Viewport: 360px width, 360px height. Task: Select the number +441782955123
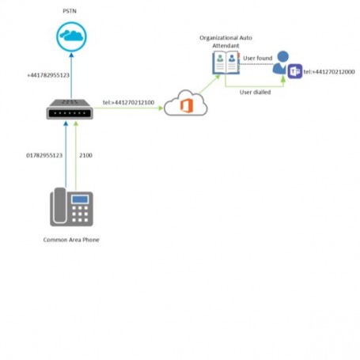click(x=48, y=75)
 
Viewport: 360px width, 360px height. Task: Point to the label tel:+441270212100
click(x=128, y=102)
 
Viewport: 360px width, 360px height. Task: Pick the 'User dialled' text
click(x=256, y=92)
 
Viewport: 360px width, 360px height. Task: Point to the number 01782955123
click(x=44, y=155)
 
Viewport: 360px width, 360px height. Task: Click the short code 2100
click(x=85, y=155)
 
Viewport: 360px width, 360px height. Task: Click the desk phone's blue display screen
click(x=80, y=199)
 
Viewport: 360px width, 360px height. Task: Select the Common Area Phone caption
click(x=70, y=238)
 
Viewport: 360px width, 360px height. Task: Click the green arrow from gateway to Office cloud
click(x=131, y=110)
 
